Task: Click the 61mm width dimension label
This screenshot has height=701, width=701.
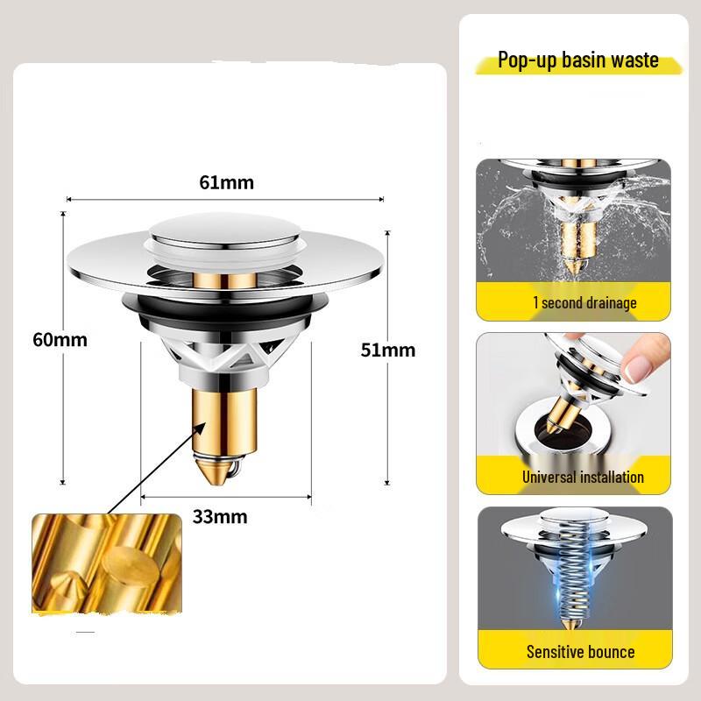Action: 226,183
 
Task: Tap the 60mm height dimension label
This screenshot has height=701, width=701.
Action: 60,339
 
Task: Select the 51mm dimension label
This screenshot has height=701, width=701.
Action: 388,350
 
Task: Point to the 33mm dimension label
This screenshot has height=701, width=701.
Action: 220,516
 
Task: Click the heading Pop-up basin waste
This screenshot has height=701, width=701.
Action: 578,60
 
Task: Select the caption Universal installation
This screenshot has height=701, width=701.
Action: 583,478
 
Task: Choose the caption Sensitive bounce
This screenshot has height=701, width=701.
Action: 580,651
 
